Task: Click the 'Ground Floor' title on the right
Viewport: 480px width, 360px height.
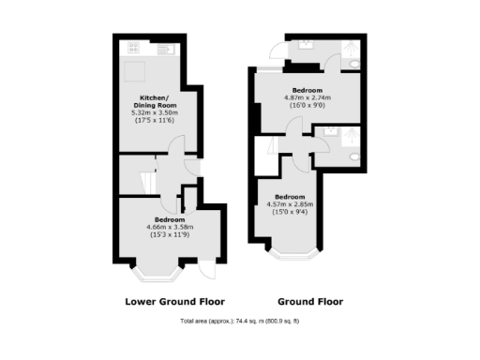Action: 309,302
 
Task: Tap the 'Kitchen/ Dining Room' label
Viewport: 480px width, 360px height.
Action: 154,102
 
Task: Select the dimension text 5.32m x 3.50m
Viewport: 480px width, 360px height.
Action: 154,112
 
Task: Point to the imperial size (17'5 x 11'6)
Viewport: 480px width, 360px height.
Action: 154,121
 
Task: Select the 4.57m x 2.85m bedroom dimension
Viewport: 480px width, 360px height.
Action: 289,204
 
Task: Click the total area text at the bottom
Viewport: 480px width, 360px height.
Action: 240,322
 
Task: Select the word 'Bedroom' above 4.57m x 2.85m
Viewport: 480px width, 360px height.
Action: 289,197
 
